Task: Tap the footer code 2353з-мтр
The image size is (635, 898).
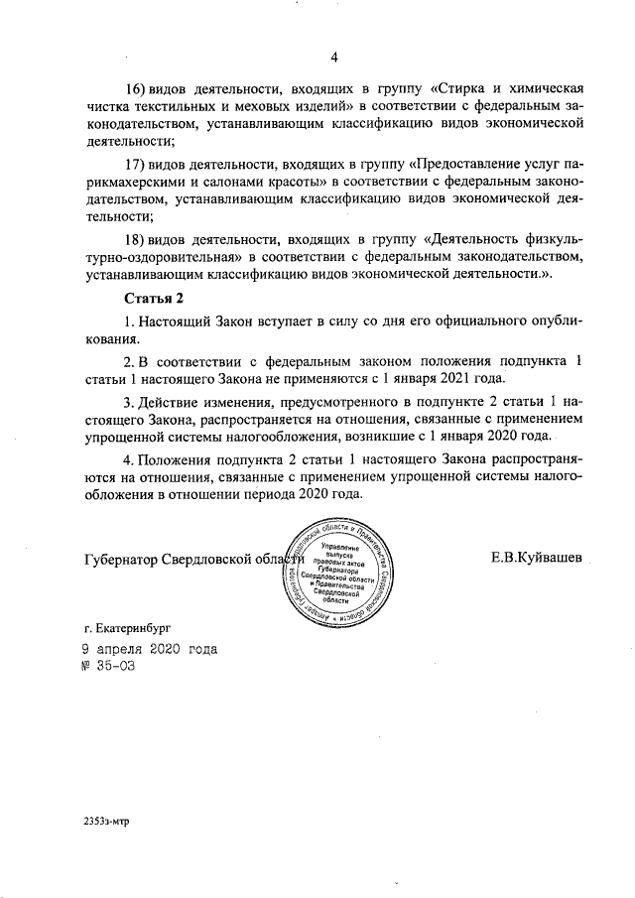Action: pyautogui.click(x=107, y=821)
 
